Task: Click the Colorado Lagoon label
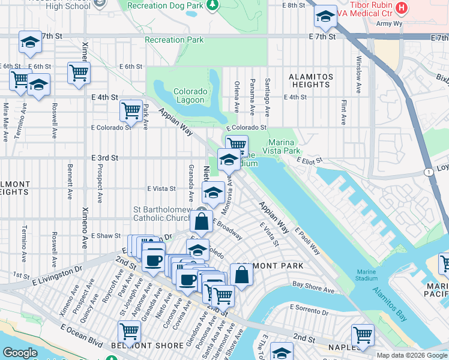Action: [191, 96]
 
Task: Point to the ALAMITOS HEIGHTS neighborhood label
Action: [310, 81]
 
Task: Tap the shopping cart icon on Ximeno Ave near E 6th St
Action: [79, 73]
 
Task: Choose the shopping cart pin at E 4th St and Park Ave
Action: [131, 110]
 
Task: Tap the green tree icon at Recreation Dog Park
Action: [211, 5]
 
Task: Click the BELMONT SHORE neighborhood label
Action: [139, 346]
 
